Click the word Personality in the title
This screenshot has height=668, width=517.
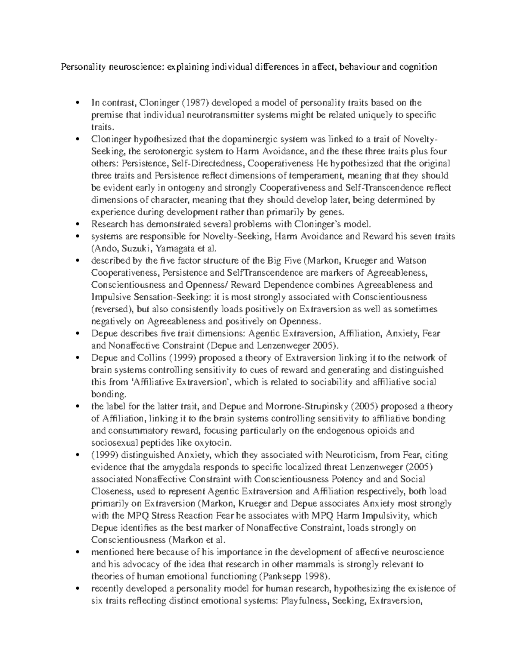[x=80, y=67]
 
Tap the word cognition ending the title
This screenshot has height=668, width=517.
[x=416, y=67]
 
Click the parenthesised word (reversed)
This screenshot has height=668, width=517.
[x=113, y=309]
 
